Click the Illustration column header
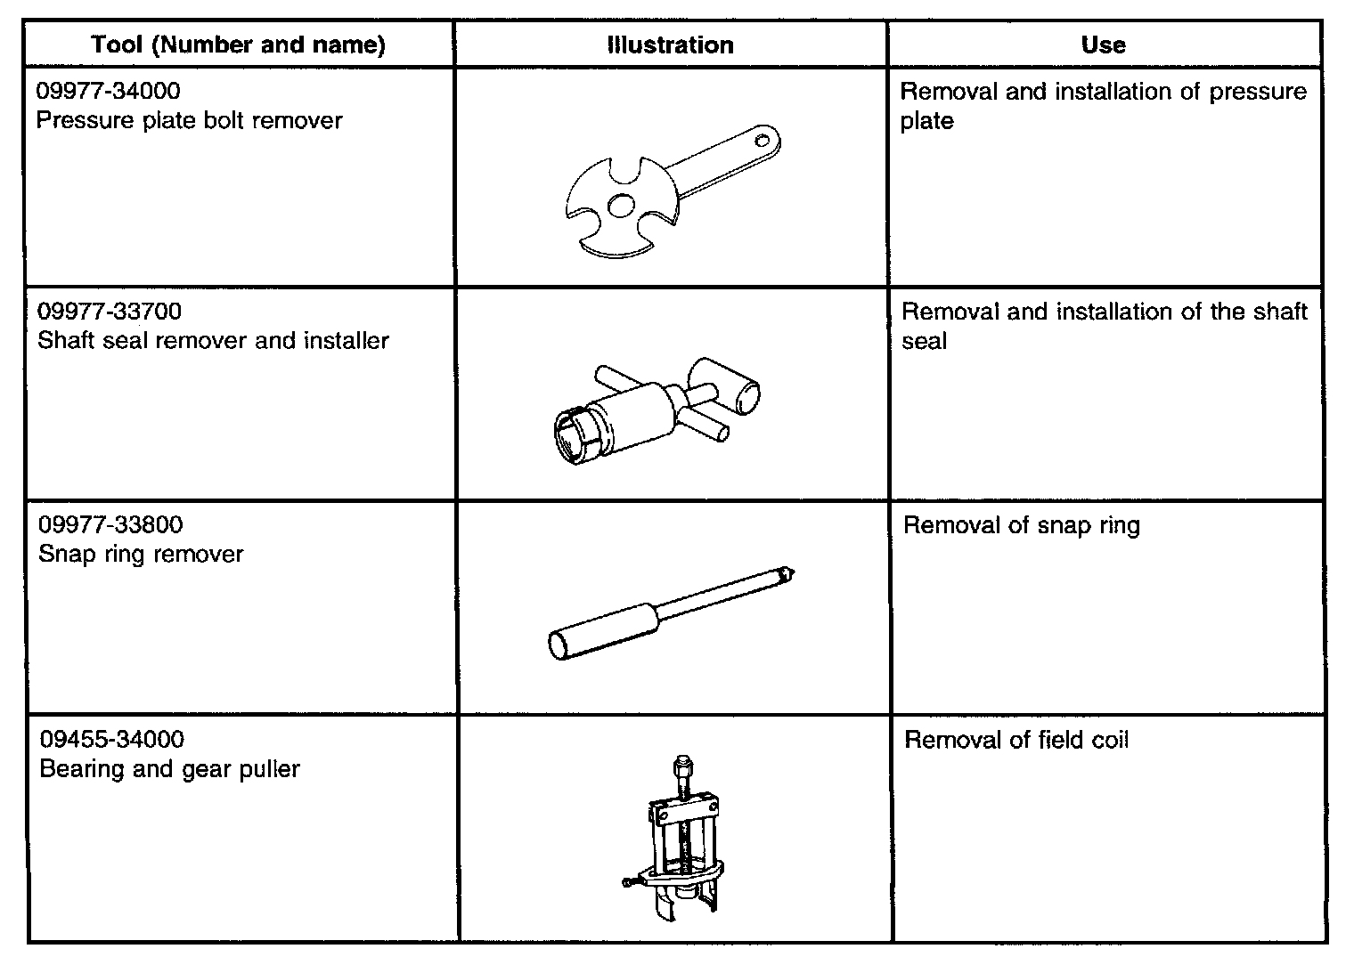click(x=670, y=45)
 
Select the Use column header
click(x=1103, y=45)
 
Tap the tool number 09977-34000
click(x=108, y=91)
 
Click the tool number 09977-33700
click(x=110, y=312)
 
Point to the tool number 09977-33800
click(x=110, y=525)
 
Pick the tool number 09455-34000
click(x=112, y=740)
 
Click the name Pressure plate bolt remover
click(x=189, y=120)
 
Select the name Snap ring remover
click(x=141, y=555)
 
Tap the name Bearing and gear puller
click(x=169, y=769)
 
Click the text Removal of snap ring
click(x=1021, y=525)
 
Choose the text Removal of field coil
click(x=1016, y=740)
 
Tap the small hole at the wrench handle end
click(x=762, y=139)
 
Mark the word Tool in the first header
click(x=116, y=45)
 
